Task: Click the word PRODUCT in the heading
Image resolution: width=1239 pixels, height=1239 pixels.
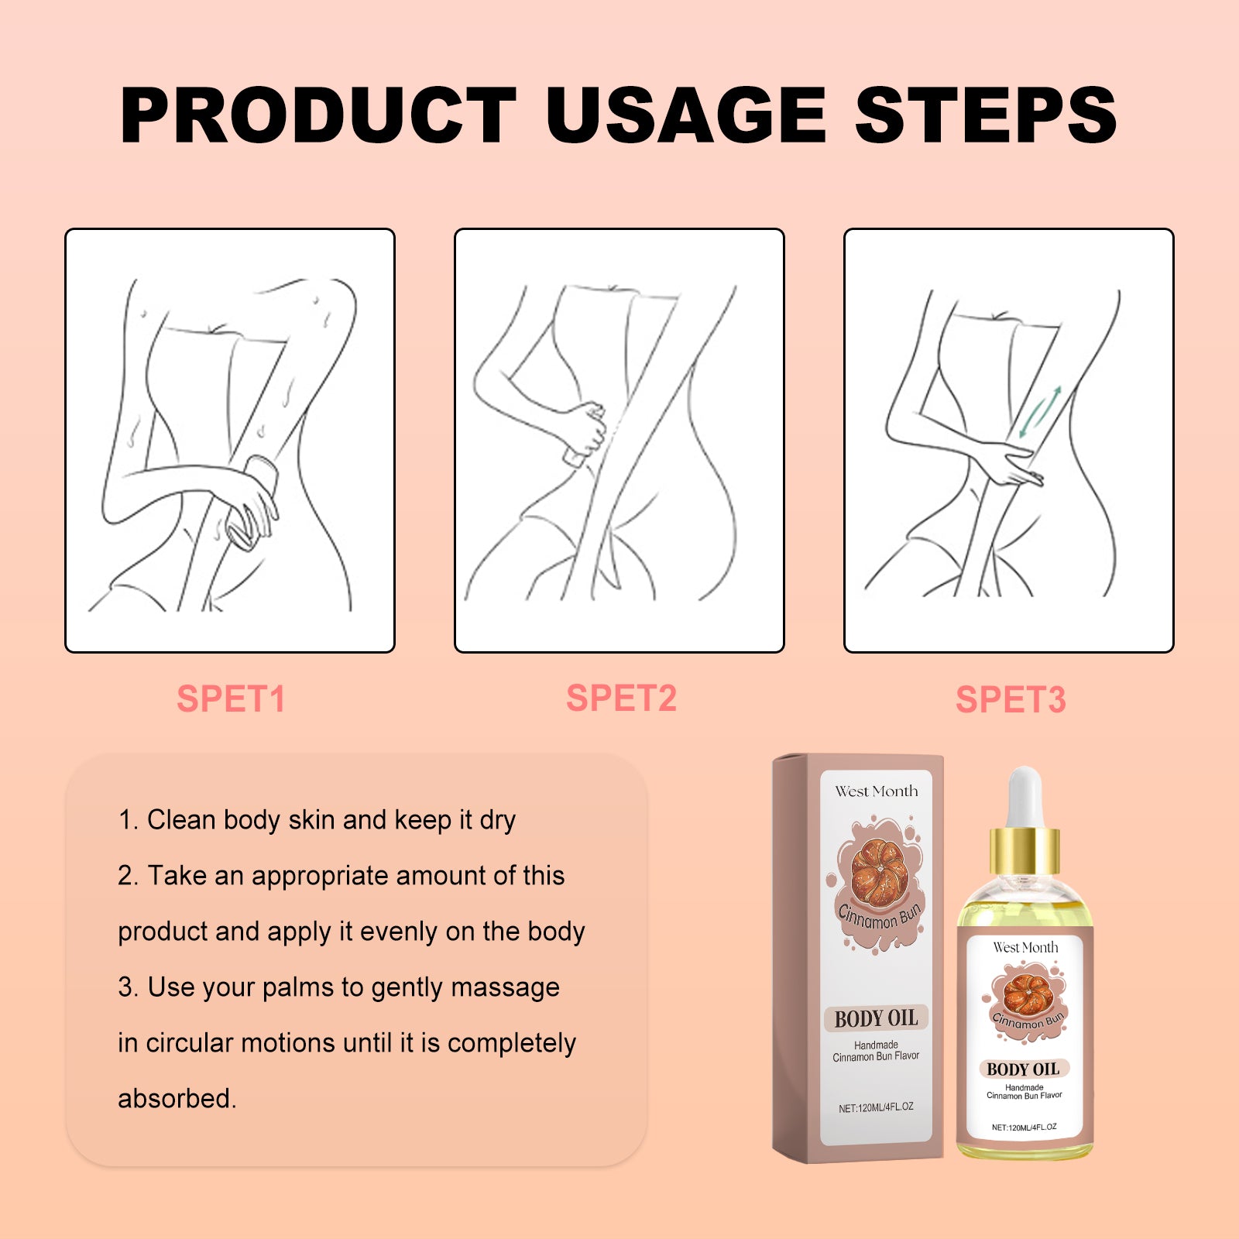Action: pyautogui.click(x=317, y=116)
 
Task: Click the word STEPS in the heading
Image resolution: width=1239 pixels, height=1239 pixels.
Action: pyautogui.click(x=985, y=116)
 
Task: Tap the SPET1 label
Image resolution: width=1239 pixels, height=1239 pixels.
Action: pyautogui.click(x=231, y=699)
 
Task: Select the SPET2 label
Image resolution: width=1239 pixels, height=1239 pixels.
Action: pyautogui.click(x=621, y=698)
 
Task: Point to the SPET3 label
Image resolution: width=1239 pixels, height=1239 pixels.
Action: pyautogui.click(x=1011, y=700)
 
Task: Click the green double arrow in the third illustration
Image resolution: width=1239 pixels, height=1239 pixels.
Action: pyautogui.click(x=1039, y=412)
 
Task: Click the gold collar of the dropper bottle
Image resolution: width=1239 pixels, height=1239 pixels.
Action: pyautogui.click(x=1024, y=850)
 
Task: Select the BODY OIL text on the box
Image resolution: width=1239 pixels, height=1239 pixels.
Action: pyautogui.click(x=876, y=1018)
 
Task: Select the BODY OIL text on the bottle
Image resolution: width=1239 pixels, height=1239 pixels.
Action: pyautogui.click(x=1023, y=1069)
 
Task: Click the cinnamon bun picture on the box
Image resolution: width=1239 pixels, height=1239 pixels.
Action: pyautogui.click(x=880, y=872)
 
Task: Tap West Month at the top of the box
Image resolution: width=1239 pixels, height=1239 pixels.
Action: pyautogui.click(x=876, y=791)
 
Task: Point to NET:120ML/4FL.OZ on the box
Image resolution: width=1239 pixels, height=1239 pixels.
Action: pyautogui.click(x=876, y=1107)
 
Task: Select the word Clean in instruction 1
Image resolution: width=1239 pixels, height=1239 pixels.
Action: pyautogui.click(x=181, y=820)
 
